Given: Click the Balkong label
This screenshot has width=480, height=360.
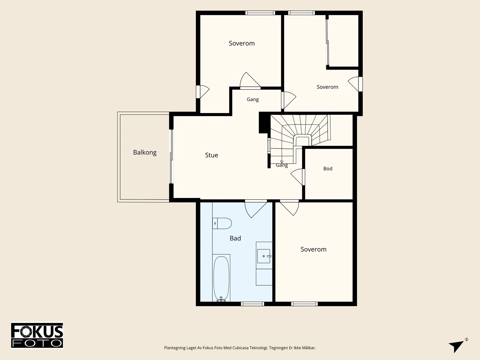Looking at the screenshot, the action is coord(145,152).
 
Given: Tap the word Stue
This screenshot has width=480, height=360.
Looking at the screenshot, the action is coord(211,155).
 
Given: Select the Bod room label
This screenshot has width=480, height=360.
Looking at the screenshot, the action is coord(328,169).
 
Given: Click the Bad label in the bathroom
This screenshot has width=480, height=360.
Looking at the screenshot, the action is coord(235,238).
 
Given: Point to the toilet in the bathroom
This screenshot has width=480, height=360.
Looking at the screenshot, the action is coord(222,223).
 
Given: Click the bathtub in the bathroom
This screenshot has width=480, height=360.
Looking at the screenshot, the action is coord(221,278).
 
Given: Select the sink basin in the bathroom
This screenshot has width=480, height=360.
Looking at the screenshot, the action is coord(263,256).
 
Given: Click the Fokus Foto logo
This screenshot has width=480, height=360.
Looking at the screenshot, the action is coord(37,335).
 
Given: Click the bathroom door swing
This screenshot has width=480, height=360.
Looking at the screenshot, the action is coord(256,209).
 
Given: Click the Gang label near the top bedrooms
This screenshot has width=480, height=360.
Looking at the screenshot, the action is coord(253,100).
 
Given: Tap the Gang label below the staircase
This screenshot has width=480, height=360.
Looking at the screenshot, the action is coord(282,165).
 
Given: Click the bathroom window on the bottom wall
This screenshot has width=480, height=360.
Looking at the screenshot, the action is coord(253,304).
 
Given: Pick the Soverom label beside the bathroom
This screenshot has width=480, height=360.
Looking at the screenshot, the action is coord(313,249).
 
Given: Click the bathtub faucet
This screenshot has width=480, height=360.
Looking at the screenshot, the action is coord(221,299).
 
